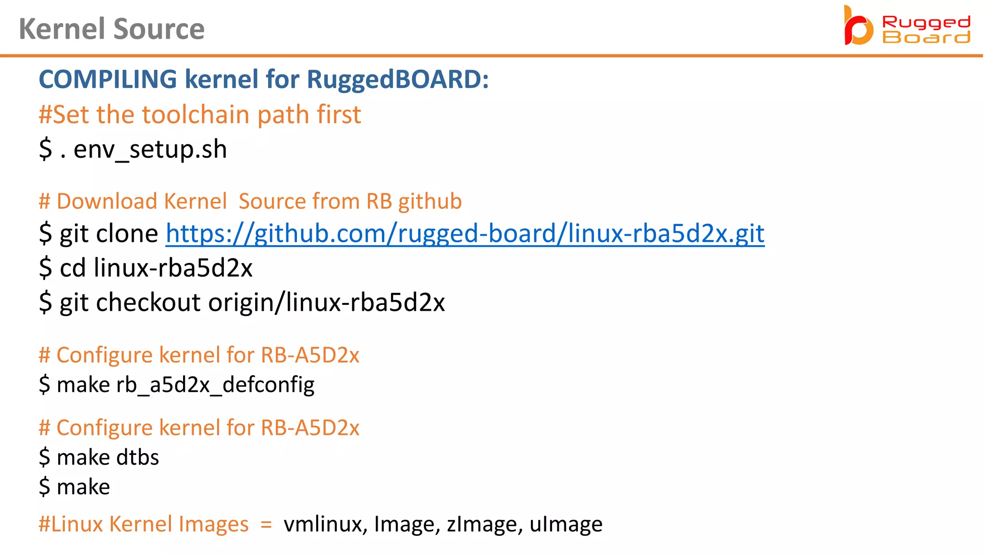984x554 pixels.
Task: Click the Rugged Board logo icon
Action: tap(858, 26)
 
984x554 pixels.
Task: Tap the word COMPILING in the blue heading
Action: tap(108, 79)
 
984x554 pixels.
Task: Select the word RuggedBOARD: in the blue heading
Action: tap(397, 79)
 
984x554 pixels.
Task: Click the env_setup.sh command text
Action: tap(150, 150)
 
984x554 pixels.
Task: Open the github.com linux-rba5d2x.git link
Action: tap(465, 234)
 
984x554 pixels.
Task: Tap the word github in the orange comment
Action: tap(430, 201)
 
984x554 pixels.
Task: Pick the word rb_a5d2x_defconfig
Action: tap(215, 385)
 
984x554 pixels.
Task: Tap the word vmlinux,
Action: tap(325, 524)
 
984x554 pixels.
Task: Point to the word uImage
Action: tap(566, 524)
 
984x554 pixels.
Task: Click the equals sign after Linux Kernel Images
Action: tap(266, 525)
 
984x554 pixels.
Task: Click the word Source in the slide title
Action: tap(159, 29)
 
